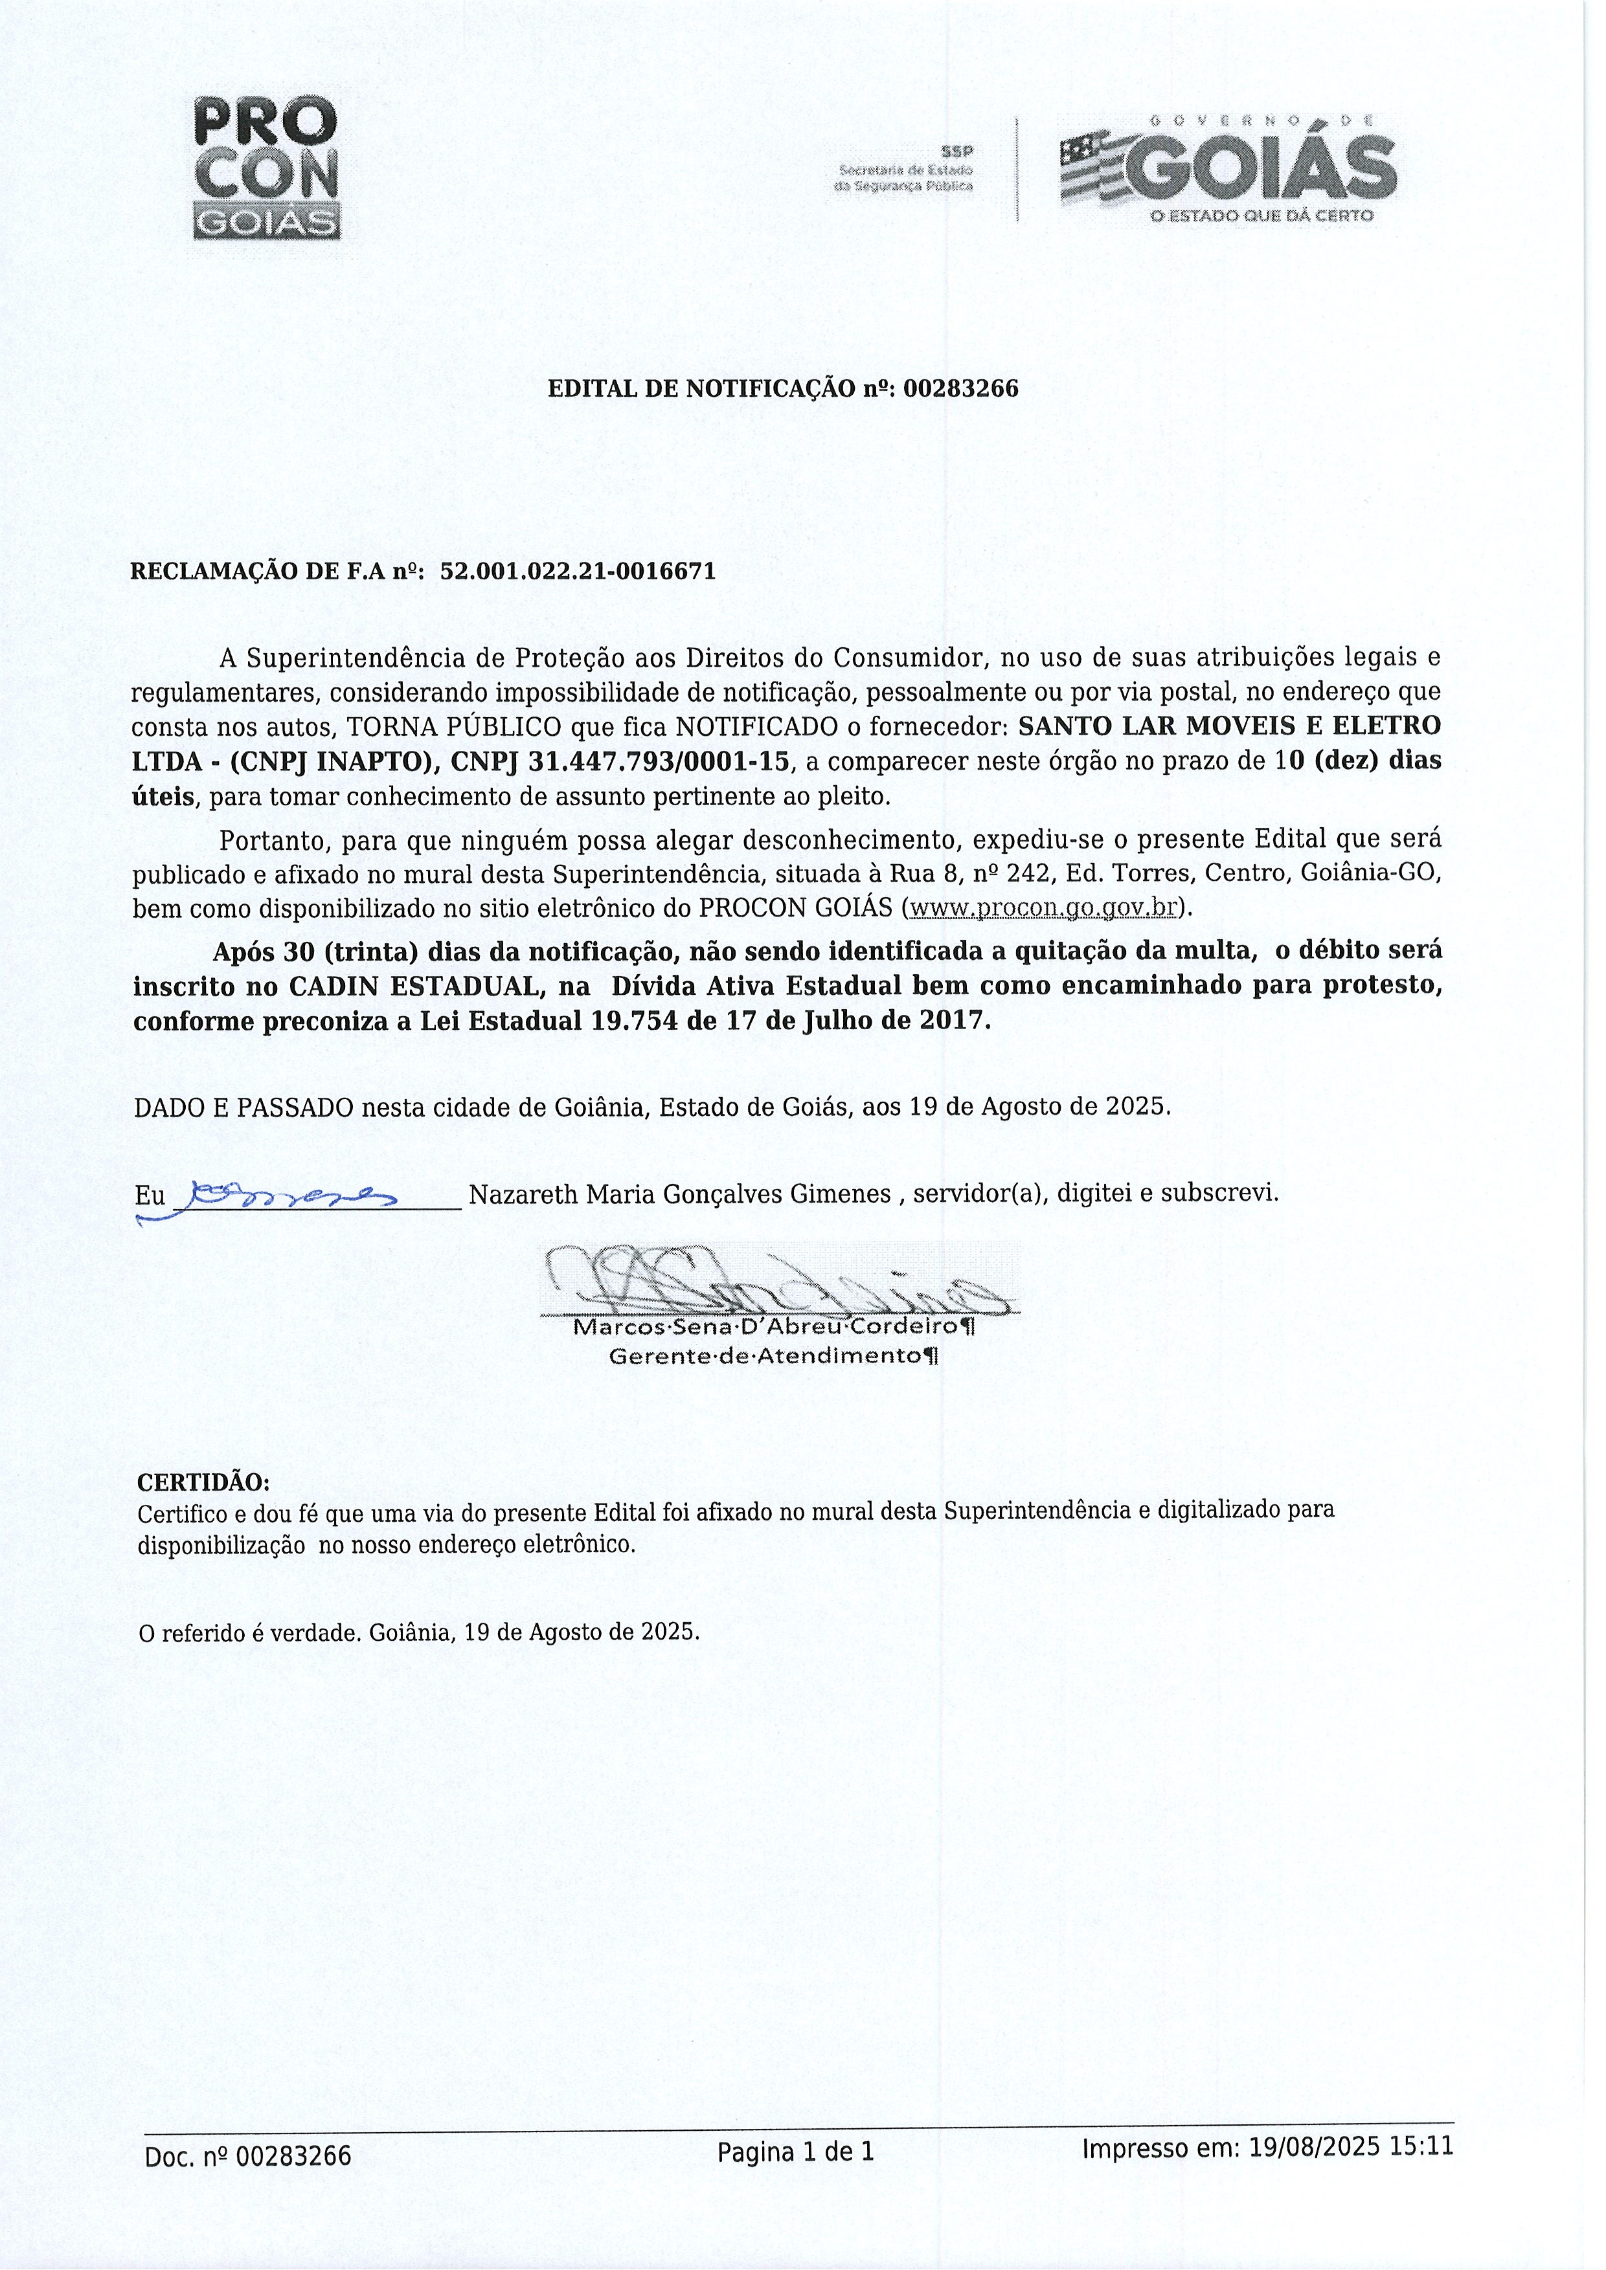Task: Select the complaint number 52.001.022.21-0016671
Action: pos(578,572)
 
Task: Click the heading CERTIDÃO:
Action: pos(203,1483)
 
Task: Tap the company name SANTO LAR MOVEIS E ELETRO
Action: pos(1228,725)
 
